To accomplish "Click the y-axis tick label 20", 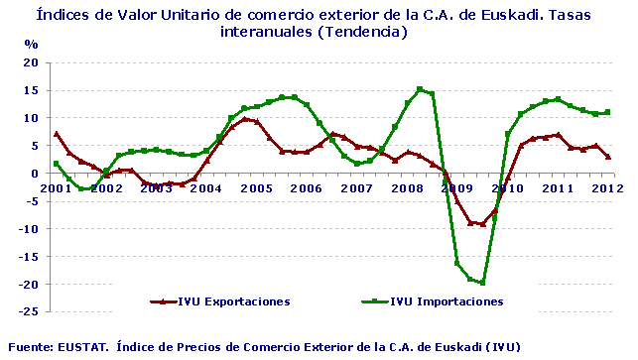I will pyautogui.click(x=31, y=62).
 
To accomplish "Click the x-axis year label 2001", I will pyautogui.click(x=56, y=187).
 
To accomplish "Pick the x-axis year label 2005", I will pyautogui.click(x=256, y=187).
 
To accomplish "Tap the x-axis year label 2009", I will pyautogui.click(x=456, y=187).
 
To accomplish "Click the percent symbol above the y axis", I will pyautogui.click(x=31, y=45).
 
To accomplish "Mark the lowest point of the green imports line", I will pyautogui.click(x=482, y=283).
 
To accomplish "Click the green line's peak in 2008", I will pyautogui.click(x=420, y=89).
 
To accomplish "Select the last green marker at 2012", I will pyautogui.click(x=607, y=112).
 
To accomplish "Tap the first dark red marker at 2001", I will pyautogui.click(x=57, y=134).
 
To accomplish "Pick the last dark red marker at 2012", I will pyautogui.click(x=607, y=157).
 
